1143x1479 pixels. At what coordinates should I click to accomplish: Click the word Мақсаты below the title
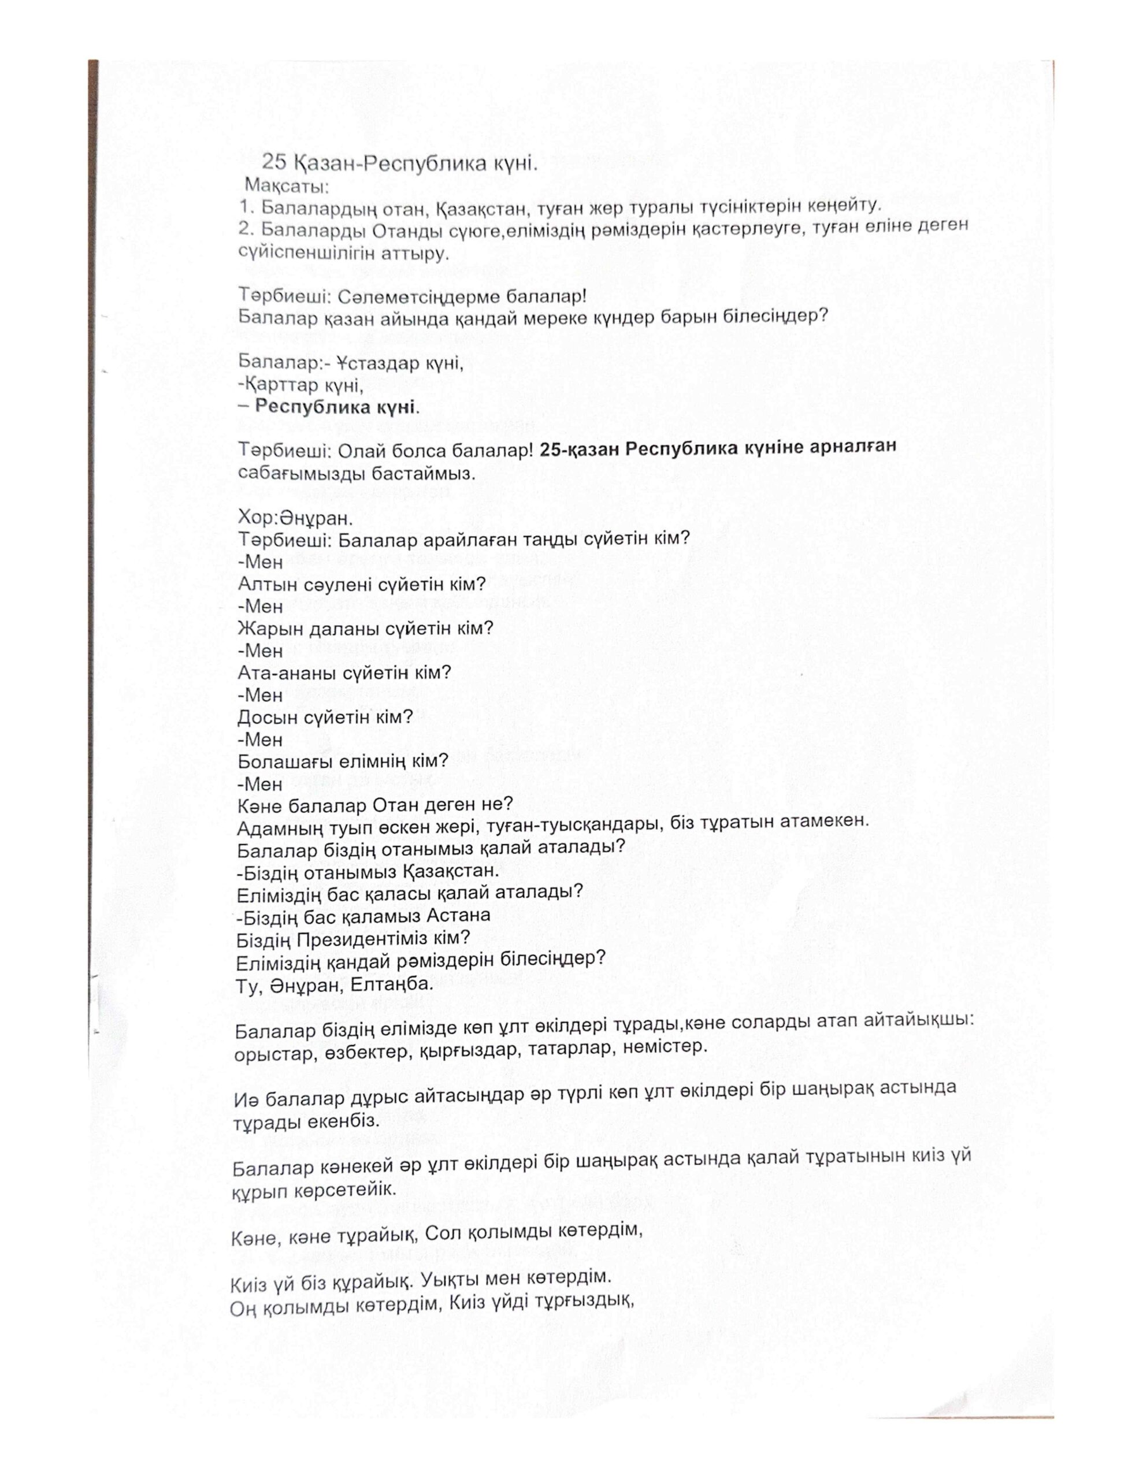(278, 184)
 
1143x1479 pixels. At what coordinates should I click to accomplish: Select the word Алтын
(268, 584)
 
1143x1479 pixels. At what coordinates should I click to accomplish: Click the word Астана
(459, 916)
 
